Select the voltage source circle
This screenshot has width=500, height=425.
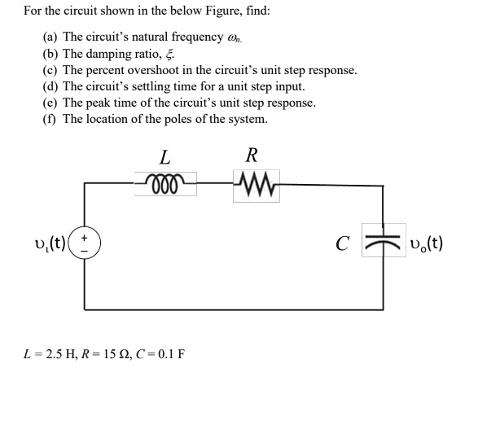point(86,243)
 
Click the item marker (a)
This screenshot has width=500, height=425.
point(50,37)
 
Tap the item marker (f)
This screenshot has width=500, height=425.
point(50,119)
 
